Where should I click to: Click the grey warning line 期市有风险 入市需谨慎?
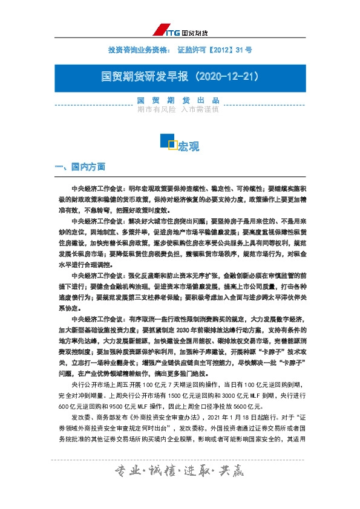pyautogui.click(x=180, y=109)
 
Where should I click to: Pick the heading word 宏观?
pyautogui.click(x=189, y=146)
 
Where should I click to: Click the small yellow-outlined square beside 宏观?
pyautogui.click(x=172, y=144)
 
